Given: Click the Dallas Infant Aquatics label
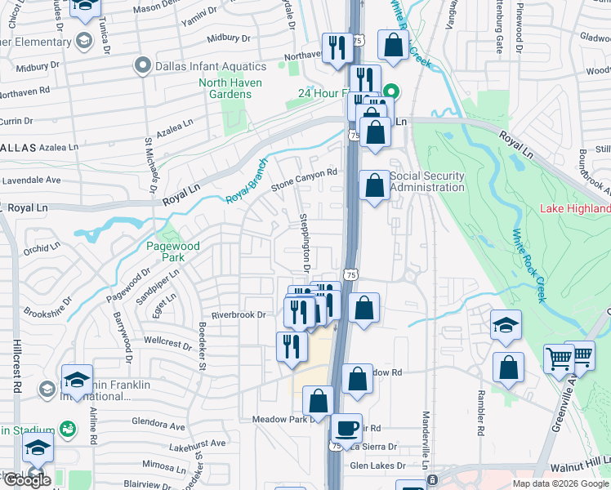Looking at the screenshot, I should pyautogui.click(x=211, y=66).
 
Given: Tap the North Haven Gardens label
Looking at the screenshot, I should pyautogui.click(x=230, y=88).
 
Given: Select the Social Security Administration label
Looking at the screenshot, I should pyautogui.click(x=426, y=181).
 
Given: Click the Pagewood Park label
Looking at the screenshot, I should pyautogui.click(x=166, y=251).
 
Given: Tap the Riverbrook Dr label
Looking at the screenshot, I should pyautogui.click(x=239, y=314).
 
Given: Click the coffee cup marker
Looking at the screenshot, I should pyautogui.click(x=346, y=427).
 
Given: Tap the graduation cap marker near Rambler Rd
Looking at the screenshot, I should pyautogui.click(x=506, y=325).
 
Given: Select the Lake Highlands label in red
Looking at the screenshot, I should pyautogui.click(x=575, y=208).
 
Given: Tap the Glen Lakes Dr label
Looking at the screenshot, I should pyautogui.click(x=377, y=465).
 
